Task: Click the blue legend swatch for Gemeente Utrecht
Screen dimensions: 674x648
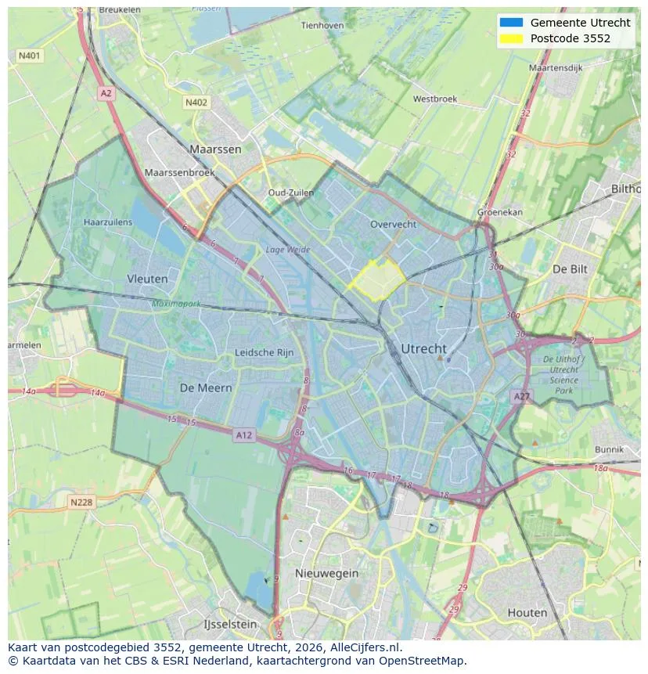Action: [510, 23]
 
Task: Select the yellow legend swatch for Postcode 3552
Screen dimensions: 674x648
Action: [510, 38]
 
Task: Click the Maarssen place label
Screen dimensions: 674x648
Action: [215, 149]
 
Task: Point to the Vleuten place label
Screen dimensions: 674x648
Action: [147, 279]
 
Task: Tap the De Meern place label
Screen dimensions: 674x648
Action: [206, 388]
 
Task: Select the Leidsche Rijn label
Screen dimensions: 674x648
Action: [265, 353]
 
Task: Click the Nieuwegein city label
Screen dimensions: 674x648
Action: [326, 573]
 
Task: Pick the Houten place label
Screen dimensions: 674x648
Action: [527, 612]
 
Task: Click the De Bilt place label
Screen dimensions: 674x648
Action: [570, 269]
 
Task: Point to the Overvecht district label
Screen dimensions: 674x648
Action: [393, 224]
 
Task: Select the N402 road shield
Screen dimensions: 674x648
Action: [196, 103]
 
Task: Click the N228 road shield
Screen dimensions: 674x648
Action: [82, 503]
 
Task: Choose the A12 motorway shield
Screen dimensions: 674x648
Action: [243, 434]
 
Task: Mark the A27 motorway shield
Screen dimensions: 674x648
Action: [521, 397]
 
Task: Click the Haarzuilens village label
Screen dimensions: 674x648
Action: [108, 222]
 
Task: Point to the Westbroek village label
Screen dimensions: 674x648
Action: [434, 99]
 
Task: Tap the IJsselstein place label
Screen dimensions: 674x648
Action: [229, 625]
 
